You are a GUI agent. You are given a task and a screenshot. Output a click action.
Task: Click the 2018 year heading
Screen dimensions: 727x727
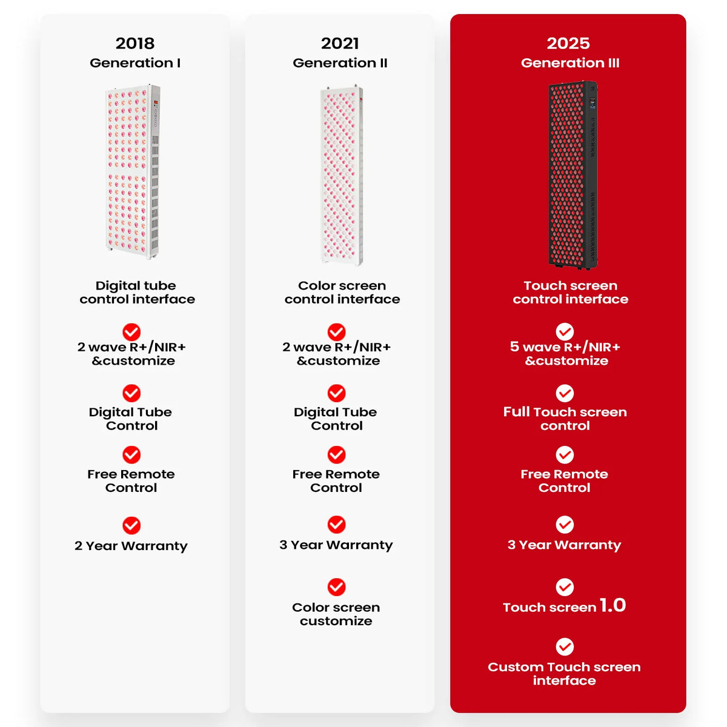coord(135,44)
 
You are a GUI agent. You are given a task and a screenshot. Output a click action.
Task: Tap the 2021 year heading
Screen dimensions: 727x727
coord(340,44)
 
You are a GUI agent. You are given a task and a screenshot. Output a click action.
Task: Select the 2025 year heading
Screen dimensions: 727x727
coord(568,44)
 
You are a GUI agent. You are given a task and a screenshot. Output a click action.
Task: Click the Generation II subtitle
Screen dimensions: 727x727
coord(340,62)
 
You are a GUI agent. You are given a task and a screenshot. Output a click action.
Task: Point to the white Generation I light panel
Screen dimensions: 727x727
coord(133,171)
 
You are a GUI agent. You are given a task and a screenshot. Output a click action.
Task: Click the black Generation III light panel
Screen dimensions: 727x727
coord(573,174)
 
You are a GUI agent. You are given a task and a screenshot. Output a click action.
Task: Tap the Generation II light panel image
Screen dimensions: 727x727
coord(342,176)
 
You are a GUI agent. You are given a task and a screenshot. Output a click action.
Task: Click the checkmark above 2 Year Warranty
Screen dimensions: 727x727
coord(131,525)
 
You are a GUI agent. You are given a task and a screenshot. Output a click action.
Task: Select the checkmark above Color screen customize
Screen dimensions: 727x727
coord(336,587)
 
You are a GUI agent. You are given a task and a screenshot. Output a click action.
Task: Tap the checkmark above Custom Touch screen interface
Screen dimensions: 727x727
coord(565,646)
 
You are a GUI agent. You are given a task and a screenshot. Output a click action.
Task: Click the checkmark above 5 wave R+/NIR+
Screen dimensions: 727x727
coord(565,331)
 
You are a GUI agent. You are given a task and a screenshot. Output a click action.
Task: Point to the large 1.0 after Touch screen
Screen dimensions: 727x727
coord(612,605)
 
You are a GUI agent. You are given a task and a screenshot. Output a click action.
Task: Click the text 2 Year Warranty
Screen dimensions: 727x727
coord(131,546)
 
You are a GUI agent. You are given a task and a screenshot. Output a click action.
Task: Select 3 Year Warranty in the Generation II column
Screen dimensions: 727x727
coord(336,545)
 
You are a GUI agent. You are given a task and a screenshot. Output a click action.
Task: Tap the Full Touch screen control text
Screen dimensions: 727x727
coord(565,419)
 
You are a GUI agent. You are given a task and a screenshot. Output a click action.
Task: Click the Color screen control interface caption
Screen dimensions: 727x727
coord(342,293)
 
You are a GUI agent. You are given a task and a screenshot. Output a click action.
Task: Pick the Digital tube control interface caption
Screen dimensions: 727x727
coord(138,293)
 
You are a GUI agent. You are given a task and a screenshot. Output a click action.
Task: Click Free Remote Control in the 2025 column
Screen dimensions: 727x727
coord(565,481)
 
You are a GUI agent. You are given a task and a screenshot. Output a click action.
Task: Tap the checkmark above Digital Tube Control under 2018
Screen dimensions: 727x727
coord(131,394)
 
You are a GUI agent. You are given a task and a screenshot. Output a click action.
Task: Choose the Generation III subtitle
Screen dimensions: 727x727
coord(570,62)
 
